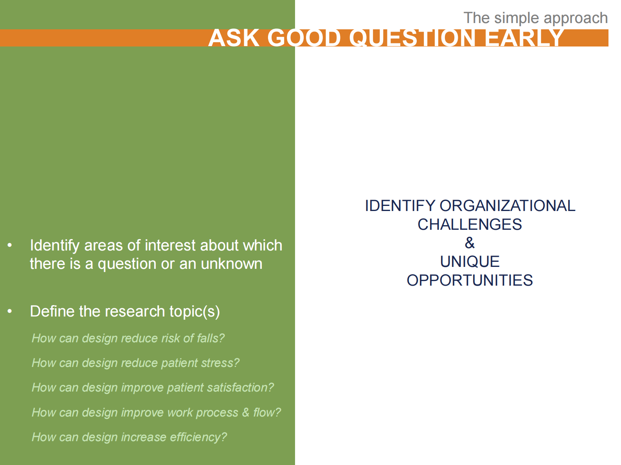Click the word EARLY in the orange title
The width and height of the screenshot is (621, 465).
[524, 38]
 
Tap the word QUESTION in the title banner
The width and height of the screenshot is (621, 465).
[412, 38]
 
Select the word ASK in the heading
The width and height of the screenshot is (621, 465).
[234, 38]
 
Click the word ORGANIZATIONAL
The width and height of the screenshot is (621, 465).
[507, 206]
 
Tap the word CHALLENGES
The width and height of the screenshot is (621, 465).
[470, 225]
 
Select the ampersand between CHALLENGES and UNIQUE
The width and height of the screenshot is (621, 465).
[470, 243]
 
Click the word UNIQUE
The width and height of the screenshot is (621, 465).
[470, 262]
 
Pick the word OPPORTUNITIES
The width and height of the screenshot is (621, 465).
[470, 281]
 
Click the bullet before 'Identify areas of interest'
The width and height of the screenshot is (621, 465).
[10, 245]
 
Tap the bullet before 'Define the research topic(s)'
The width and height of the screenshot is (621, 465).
[10, 311]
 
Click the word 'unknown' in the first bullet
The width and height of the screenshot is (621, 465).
[231, 264]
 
